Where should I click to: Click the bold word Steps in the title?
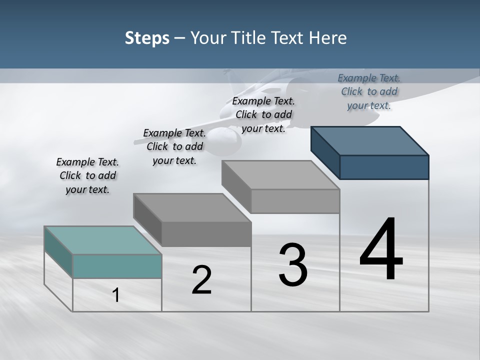[x=147, y=38]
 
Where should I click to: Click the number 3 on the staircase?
[x=293, y=265]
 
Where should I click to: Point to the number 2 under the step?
[x=202, y=280]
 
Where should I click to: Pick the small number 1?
[x=116, y=295]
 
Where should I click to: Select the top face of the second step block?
[x=192, y=207]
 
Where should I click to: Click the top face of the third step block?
[x=280, y=174]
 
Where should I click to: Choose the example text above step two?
[x=174, y=146]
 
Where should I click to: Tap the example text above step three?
[x=263, y=114]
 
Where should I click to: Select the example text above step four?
[x=369, y=91]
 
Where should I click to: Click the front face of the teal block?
[x=117, y=266]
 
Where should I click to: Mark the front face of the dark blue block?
[x=384, y=167]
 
